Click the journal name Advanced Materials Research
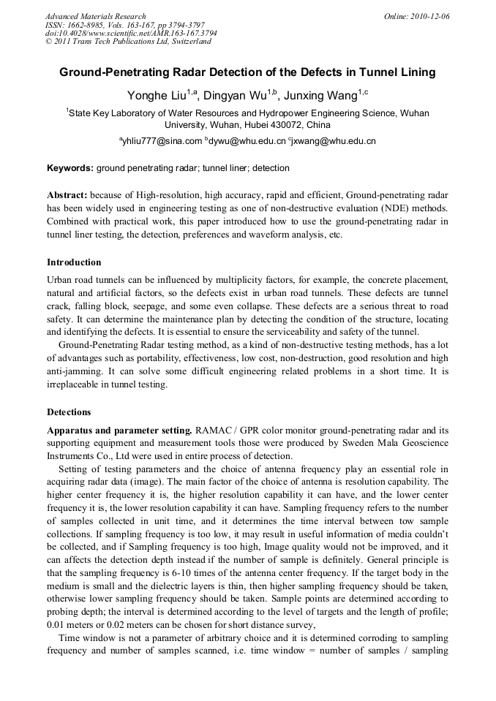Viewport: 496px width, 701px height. tap(95, 16)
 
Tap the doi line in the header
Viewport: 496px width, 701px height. tap(131, 33)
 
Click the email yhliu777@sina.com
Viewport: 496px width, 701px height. tap(162, 141)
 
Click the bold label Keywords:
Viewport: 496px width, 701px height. tap(70, 168)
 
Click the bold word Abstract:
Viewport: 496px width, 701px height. tap(67, 196)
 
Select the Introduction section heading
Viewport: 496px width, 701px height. tap(74, 262)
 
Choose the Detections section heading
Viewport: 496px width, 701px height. tap(69, 412)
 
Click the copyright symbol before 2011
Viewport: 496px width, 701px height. tap(49, 42)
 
